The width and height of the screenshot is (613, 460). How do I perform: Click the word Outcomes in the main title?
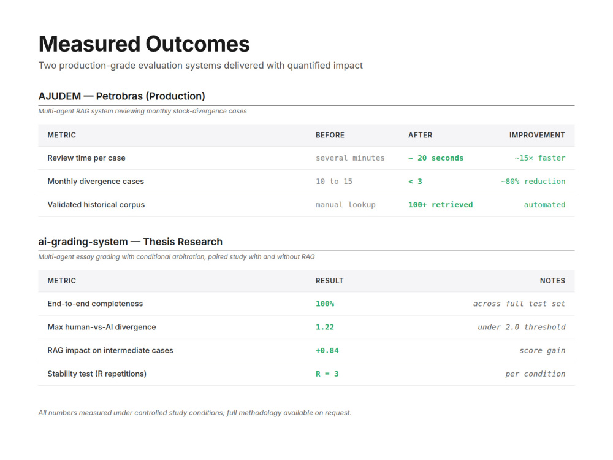(197, 44)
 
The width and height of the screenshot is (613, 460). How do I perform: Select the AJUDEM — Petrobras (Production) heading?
(121, 96)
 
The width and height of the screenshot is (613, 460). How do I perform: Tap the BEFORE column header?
(330, 135)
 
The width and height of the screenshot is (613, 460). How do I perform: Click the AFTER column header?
(421, 135)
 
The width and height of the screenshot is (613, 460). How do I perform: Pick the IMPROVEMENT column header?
(537, 135)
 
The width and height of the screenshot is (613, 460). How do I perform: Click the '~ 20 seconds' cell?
(436, 158)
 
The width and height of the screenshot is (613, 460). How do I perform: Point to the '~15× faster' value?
(540, 158)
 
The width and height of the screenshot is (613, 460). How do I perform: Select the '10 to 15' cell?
(334, 182)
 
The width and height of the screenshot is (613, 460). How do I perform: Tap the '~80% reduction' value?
(533, 182)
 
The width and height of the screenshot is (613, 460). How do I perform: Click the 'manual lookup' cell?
(346, 205)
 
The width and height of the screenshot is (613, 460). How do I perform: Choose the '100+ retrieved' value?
(441, 205)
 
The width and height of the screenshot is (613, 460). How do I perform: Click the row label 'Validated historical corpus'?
(96, 205)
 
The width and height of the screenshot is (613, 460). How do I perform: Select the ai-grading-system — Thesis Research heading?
(130, 242)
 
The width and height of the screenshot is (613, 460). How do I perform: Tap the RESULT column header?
(330, 281)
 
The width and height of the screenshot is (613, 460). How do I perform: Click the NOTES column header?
(552, 281)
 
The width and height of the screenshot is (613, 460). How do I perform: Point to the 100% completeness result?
(325, 304)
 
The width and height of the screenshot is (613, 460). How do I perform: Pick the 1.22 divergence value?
(325, 328)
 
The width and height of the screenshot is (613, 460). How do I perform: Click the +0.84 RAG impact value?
(327, 350)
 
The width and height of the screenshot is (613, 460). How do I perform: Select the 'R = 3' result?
(327, 374)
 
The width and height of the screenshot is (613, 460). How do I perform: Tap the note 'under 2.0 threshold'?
(522, 328)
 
